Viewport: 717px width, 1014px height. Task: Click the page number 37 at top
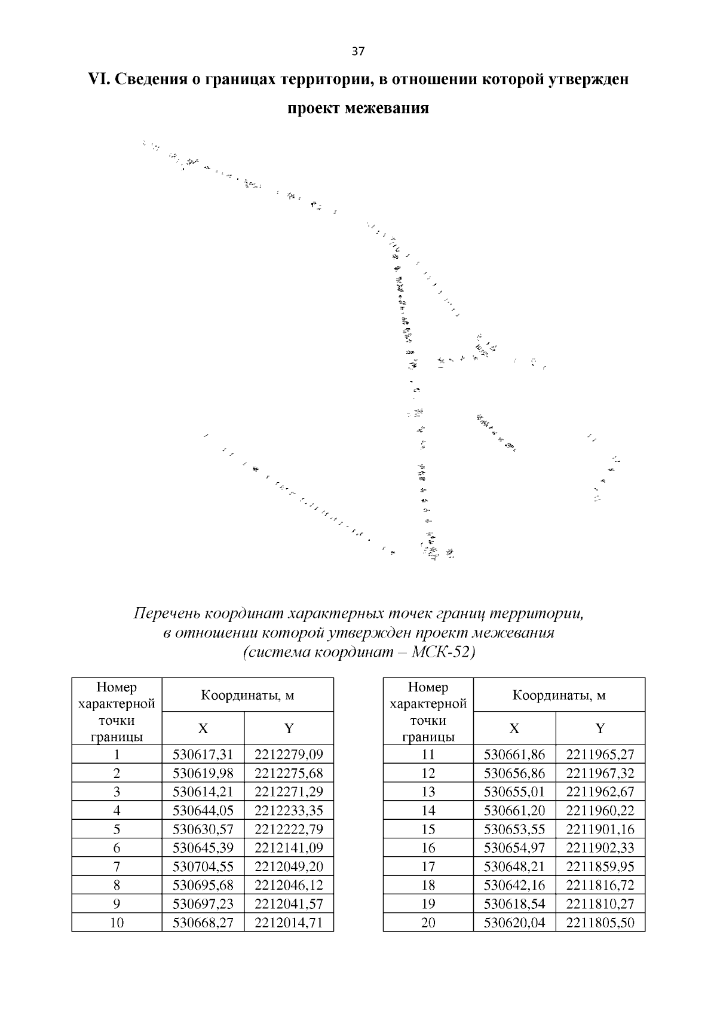(x=358, y=51)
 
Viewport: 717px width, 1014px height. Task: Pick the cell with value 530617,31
(x=203, y=754)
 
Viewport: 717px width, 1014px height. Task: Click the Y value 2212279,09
(x=289, y=754)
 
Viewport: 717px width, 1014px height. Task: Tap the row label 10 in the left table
(x=117, y=923)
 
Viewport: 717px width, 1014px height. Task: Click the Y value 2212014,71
(x=289, y=923)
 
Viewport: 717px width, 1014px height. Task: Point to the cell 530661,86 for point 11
(x=514, y=754)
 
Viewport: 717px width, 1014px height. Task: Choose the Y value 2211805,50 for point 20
(x=600, y=923)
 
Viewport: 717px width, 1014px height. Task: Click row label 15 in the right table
(x=428, y=829)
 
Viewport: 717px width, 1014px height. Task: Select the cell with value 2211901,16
(x=600, y=829)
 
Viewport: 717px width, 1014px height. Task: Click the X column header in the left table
(x=203, y=728)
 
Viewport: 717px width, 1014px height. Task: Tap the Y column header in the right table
(x=600, y=728)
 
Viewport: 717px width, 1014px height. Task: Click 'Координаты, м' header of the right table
(x=559, y=695)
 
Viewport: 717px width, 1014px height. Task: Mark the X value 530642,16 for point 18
(x=514, y=885)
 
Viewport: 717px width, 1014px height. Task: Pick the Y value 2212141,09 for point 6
(x=289, y=848)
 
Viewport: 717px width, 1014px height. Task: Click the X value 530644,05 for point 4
(x=203, y=810)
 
